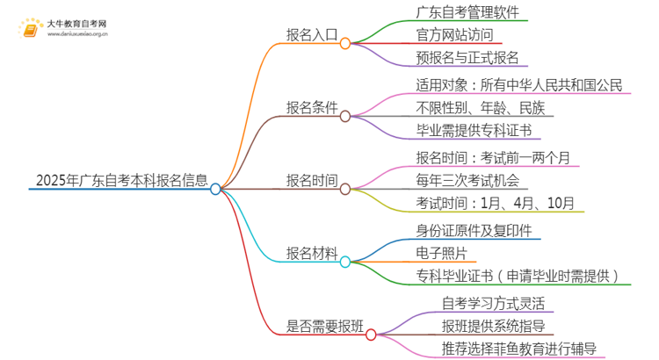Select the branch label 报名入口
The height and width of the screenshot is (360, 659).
(x=312, y=36)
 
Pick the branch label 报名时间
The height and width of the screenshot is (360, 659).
(x=312, y=181)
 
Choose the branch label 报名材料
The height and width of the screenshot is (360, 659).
(x=312, y=254)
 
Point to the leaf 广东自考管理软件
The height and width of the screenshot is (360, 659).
(x=472, y=12)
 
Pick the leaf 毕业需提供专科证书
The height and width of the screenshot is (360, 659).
(x=478, y=132)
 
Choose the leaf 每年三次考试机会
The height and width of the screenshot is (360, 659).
(x=467, y=181)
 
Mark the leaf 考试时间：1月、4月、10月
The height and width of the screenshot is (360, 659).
(x=496, y=205)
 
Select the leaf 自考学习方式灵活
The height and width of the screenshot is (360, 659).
(x=496, y=303)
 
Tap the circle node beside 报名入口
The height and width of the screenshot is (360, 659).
(x=345, y=42)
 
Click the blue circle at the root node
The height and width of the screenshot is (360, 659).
(x=216, y=188)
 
